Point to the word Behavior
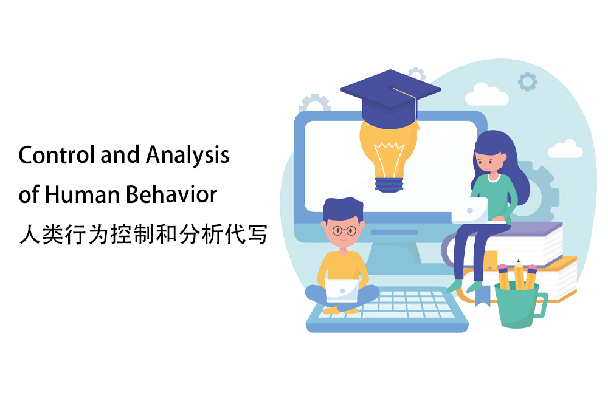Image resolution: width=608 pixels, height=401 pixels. (171, 194)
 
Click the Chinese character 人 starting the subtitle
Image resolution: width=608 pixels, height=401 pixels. (29, 235)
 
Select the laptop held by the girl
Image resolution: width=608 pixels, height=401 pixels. (470, 210)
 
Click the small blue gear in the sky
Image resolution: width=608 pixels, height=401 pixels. (528, 82)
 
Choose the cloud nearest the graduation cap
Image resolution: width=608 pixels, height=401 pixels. (487, 95)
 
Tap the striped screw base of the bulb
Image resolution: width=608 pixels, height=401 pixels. (389, 185)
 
